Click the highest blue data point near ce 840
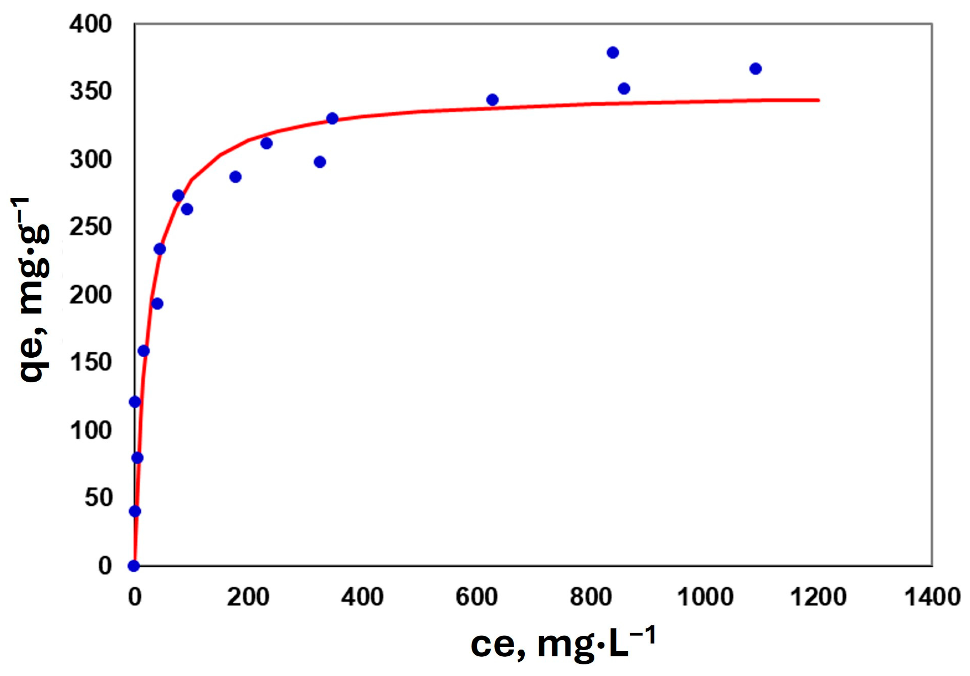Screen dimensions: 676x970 click(613, 53)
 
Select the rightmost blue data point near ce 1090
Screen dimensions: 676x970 click(756, 69)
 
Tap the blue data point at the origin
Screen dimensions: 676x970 click(134, 566)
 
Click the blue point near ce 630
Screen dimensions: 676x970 click(492, 100)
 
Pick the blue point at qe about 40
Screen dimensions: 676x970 click(135, 511)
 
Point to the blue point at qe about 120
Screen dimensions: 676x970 click(135, 402)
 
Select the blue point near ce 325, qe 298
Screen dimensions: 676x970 click(320, 162)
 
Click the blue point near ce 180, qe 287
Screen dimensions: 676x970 click(235, 177)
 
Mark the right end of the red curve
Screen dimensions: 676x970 click(819, 100)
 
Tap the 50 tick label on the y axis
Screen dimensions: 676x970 click(98, 498)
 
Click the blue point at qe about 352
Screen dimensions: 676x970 click(623, 89)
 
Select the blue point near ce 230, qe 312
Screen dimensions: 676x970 click(266, 144)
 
